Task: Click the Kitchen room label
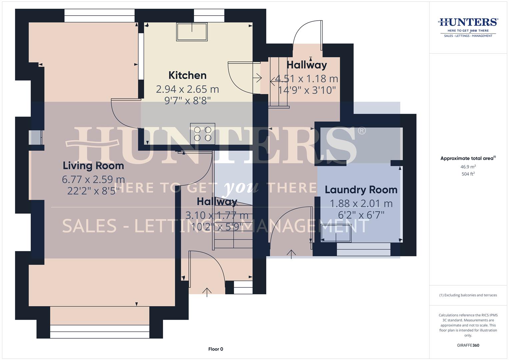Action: click(187, 75)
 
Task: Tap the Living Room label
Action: click(93, 166)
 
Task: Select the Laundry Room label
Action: click(361, 190)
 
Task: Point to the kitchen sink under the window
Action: click(192, 32)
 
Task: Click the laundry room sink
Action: click(336, 233)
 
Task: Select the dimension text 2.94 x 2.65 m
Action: click(187, 89)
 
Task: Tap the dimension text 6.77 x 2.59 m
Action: click(93, 180)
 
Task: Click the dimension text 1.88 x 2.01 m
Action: click(361, 203)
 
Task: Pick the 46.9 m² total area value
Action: click(468, 167)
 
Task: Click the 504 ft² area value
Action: click(468, 174)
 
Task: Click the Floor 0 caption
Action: click(216, 349)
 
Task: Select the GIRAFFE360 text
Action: click(468, 345)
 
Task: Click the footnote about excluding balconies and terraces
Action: click(468, 295)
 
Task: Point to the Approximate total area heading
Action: click(468, 158)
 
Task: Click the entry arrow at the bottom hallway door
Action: click(207, 292)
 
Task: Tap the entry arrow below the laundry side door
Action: click(291, 254)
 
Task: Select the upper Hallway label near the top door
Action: click(307, 65)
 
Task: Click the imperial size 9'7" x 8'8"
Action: click(187, 100)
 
